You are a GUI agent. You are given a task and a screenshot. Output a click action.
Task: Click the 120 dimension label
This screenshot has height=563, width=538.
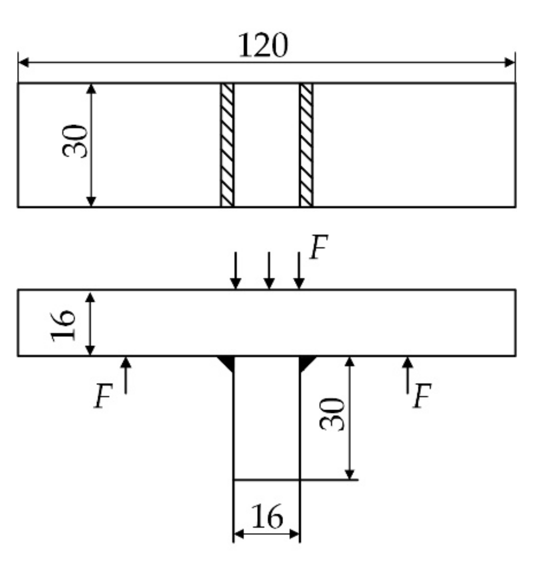click(x=263, y=46)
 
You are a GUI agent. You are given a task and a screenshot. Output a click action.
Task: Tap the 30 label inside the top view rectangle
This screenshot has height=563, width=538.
click(x=75, y=141)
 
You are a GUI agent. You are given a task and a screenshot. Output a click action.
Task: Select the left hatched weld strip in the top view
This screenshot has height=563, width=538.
click(x=227, y=145)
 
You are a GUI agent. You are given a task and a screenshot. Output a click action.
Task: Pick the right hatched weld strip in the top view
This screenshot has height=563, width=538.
click(x=306, y=145)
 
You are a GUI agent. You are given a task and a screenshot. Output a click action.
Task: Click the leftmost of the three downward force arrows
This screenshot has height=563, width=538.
click(x=236, y=271)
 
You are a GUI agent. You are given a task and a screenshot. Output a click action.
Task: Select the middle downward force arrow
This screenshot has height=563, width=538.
click(x=268, y=271)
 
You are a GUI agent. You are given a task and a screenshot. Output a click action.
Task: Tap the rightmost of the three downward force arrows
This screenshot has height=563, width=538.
click(x=300, y=271)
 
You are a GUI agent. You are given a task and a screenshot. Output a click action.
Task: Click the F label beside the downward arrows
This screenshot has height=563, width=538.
click(x=318, y=248)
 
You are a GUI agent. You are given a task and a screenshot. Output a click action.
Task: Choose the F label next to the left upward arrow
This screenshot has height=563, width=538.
click(x=103, y=396)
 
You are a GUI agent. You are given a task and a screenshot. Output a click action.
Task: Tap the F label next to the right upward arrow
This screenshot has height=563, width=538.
click(x=421, y=396)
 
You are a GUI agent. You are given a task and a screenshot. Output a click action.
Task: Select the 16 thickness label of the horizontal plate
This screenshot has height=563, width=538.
click(x=63, y=325)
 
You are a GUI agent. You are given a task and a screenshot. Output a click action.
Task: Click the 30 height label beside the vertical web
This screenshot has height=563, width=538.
click(x=333, y=414)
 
